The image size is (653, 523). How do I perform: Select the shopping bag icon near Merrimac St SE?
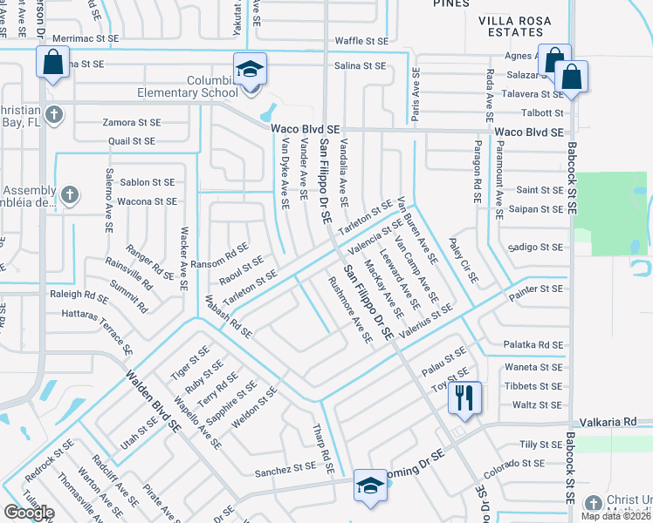[52, 63]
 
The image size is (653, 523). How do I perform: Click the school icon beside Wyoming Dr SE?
[369, 486]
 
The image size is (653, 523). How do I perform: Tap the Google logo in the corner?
[29, 513]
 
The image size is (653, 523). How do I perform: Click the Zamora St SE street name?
[131, 123]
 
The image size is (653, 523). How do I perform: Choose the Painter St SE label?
[539, 288]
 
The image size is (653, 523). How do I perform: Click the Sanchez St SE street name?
[285, 470]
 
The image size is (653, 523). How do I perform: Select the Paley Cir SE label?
[464, 261]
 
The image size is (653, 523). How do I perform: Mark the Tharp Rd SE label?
[323, 449]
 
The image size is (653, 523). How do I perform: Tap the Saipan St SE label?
[540, 209]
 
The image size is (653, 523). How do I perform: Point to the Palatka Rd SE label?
[533, 345]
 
